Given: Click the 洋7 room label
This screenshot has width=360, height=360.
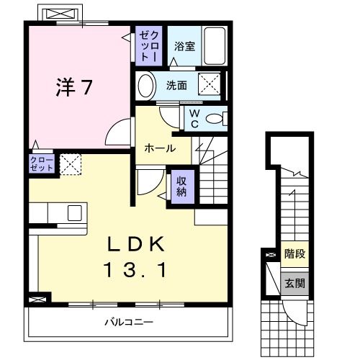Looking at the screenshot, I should (x=74, y=87).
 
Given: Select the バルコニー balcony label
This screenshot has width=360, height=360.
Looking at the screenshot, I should (x=127, y=321).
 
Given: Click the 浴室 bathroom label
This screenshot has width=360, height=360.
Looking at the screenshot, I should (x=184, y=47).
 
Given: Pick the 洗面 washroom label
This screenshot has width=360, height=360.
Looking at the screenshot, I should (x=176, y=85).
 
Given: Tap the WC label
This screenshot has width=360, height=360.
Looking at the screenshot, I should (x=194, y=117).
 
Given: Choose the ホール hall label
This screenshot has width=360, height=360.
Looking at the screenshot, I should (x=158, y=149).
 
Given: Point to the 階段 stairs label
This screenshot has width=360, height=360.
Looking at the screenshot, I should (x=293, y=254).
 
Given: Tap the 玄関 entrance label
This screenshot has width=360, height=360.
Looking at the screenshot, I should (x=293, y=283).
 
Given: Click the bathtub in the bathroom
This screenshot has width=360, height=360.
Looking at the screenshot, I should (x=214, y=45).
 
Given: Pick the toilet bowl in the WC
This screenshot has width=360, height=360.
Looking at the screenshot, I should (x=215, y=119).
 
